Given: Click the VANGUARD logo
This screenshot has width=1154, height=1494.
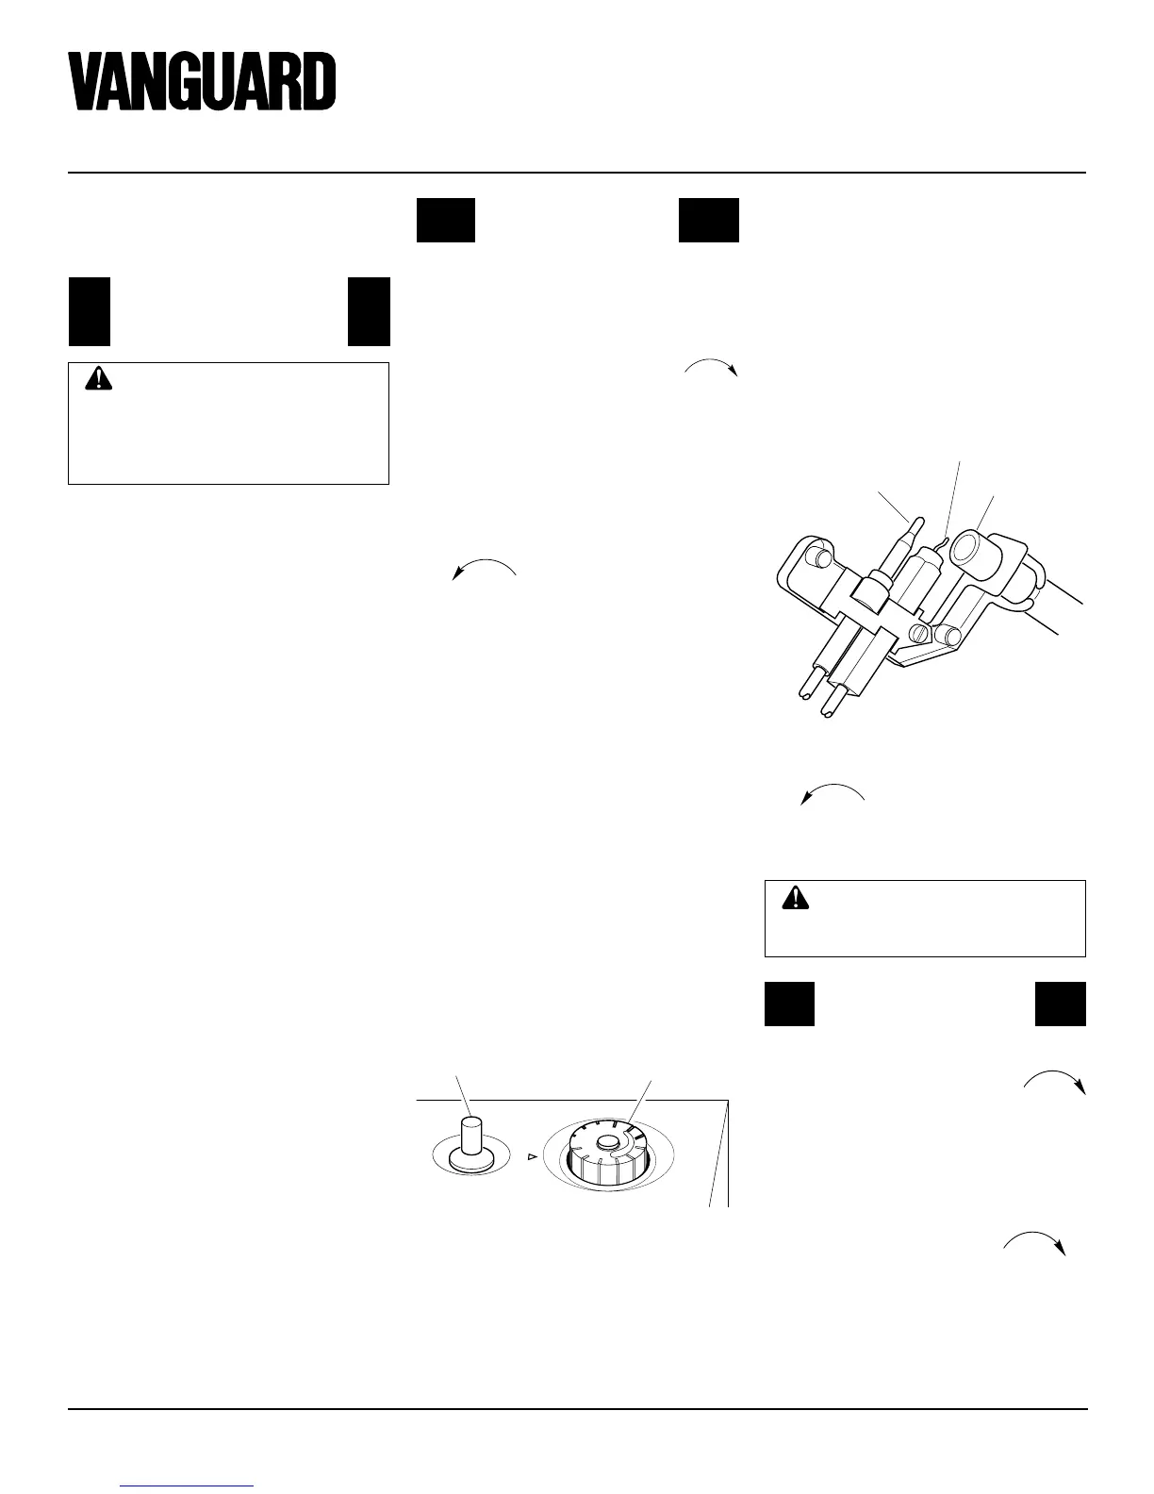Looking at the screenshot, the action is [202, 82].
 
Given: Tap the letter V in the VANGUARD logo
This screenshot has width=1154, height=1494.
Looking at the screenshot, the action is [86, 83].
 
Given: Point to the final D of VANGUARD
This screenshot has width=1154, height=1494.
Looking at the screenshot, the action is [319, 83].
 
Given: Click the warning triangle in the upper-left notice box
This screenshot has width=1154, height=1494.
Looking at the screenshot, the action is [98, 379].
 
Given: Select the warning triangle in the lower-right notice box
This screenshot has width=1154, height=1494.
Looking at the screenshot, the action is [796, 897].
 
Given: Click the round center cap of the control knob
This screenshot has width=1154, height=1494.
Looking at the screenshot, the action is [608, 1144].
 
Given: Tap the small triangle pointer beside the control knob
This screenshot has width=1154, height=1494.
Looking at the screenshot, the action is [531, 1155].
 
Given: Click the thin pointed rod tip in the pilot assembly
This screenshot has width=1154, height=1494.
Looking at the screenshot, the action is [914, 520].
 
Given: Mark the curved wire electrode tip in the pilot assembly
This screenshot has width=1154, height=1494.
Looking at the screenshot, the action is [946, 539].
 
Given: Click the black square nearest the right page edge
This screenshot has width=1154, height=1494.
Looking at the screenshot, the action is [1061, 1004].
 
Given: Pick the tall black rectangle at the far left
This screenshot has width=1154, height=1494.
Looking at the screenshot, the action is [89, 311].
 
